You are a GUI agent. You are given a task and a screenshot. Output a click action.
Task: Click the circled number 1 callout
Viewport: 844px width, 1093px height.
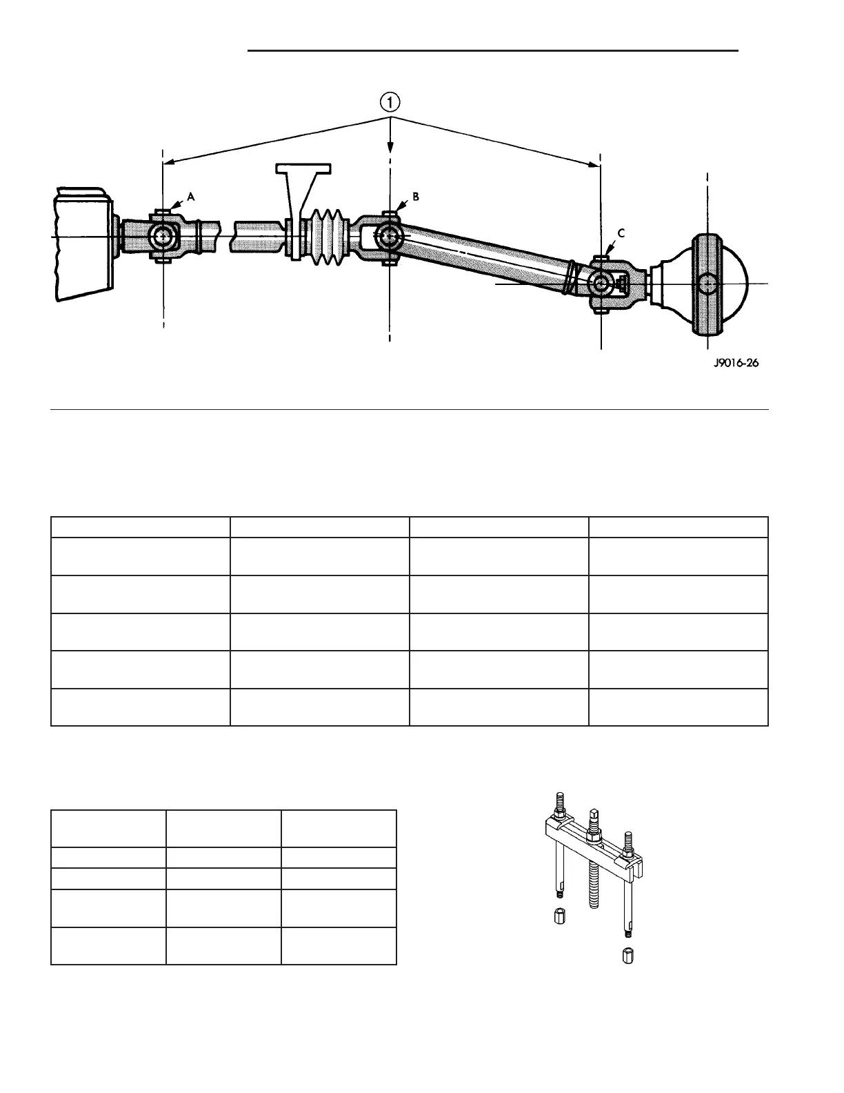tap(390, 103)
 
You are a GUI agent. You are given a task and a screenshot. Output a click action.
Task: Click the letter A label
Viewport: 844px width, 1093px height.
tap(191, 197)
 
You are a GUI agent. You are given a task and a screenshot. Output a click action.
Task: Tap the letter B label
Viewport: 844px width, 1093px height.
tap(416, 197)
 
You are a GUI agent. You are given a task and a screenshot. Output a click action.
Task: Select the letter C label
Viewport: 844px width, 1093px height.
tap(621, 233)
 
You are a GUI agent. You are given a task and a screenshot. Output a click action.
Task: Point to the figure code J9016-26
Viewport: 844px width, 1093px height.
tap(736, 363)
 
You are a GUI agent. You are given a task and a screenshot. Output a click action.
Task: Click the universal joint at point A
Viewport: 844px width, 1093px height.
tap(163, 236)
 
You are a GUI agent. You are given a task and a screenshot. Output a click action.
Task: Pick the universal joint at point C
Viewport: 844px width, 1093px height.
tap(601, 283)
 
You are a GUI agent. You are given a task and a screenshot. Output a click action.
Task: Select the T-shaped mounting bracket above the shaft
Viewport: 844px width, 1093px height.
tap(301, 181)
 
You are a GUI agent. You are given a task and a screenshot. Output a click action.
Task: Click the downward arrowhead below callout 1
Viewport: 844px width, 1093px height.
tap(390, 147)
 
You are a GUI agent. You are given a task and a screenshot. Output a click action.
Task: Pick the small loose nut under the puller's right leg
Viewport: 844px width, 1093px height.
tap(627, 957)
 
